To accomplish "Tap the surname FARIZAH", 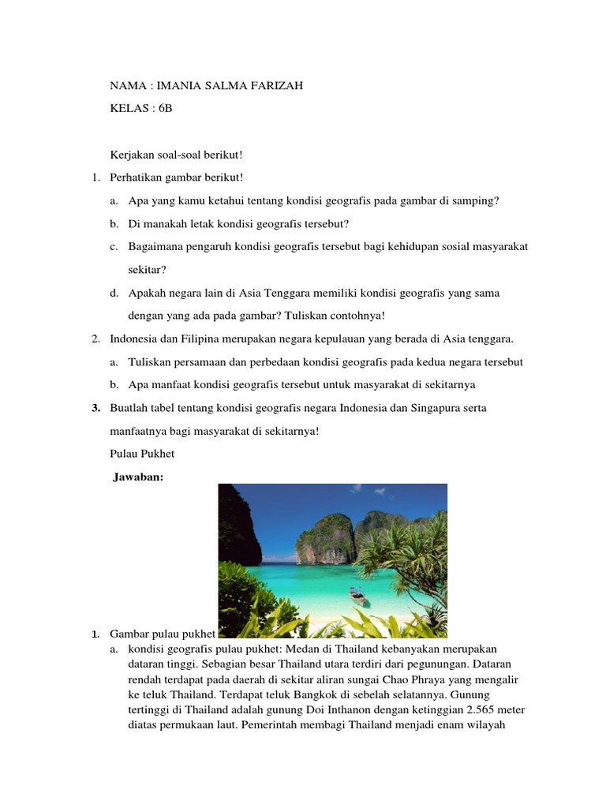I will click(x=272, y=86).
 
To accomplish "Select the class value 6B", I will click(x=163, y=109).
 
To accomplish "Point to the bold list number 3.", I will click(x=95, y=408).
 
